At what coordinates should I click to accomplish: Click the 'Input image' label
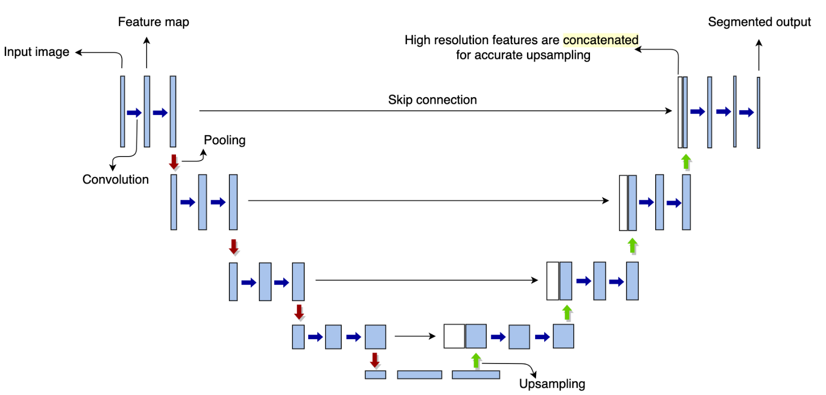point(37,52)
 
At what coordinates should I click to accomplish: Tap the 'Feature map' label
point(154,22)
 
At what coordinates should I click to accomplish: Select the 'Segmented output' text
point(759,22)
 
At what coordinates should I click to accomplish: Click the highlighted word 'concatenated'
point(601,40)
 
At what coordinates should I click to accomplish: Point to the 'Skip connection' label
point(432,100)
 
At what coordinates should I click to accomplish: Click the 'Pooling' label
point(225,140)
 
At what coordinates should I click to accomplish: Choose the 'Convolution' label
point(115,179)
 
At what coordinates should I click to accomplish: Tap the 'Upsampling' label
point(552,384)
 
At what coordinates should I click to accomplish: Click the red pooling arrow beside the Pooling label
point(174,162)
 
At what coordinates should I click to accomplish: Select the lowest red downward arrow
point(375,360)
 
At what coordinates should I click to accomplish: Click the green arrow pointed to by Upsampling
point(476,360)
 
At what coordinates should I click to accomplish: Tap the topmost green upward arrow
point(686,162)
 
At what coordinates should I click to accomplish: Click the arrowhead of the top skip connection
point(668,110)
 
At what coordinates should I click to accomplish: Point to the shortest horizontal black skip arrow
point(415,336)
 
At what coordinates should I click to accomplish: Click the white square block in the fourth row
point(454,336)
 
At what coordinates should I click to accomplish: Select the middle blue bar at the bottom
point(420,375)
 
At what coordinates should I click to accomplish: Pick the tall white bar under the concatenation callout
point(680,112)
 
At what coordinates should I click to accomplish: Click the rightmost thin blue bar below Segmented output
point(758,113)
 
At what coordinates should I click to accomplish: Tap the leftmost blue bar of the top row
point(123,112)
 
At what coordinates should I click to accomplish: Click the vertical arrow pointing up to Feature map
point(147,52)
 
